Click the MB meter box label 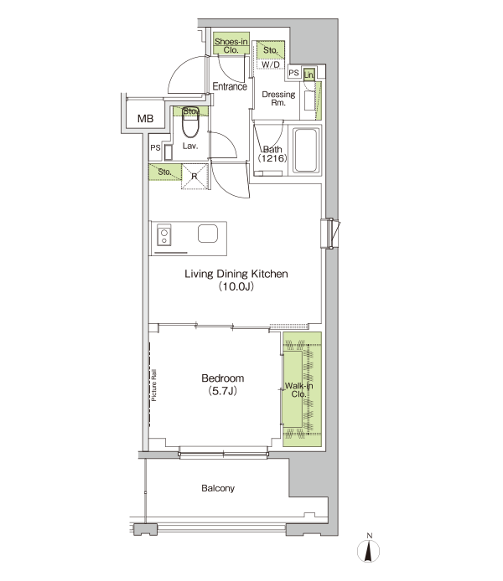pos(145,119)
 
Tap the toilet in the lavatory pos(190,126)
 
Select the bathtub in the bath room pos(306,150)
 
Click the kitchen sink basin pos(208,234)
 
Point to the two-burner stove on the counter pos(164,235)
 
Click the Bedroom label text pos(222,378)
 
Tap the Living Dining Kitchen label pos(236,275)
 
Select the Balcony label pos(218,488)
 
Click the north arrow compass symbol pos(369,548)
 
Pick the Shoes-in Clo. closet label pos(231,45)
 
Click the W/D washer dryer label pos(271,64)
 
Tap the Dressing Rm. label pos(278,99)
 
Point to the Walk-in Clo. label pos(299,390)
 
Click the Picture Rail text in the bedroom pos(154,385)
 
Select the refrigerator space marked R pos(194,177)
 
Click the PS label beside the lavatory pos(155,148)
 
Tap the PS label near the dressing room pos(293,73)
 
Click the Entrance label pos(230,86)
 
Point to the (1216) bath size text pos(272,158)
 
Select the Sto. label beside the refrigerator pos(164,172)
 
